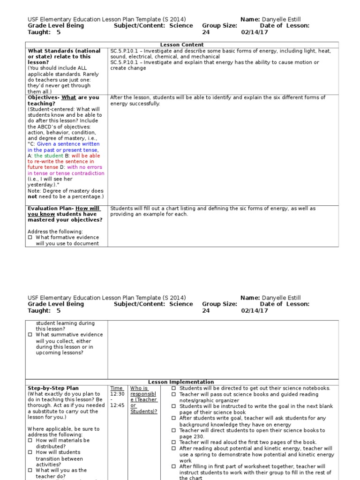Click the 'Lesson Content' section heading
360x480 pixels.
pyautogui.click(x=181, y=45)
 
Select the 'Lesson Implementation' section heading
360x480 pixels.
pyautogui.click(x=181, y=382)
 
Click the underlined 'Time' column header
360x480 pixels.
pyautogui.click(x=117, y=388)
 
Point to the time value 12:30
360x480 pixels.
pyautogui.click(x=117, y=394)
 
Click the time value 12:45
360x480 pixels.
pyautogui.click(x=117, y=405)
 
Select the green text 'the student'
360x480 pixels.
pyautogui.click(x=49, y=156)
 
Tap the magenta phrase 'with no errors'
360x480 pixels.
pyautogui.click(x=84, y=167)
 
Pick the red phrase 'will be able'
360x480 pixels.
pyautogui.click(x=86, y=156)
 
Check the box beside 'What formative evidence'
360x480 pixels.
pyautogui.click(x=30, y=238)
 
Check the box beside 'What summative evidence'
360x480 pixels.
pyautogui.click(x=30, y=335)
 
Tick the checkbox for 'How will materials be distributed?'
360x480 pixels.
pyautogui.click(x=30, y=441)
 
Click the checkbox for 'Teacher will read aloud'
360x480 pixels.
pyautogui.click(x=173, y=442)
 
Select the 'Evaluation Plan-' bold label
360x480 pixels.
pyautogui.click(x=51, y=209)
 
